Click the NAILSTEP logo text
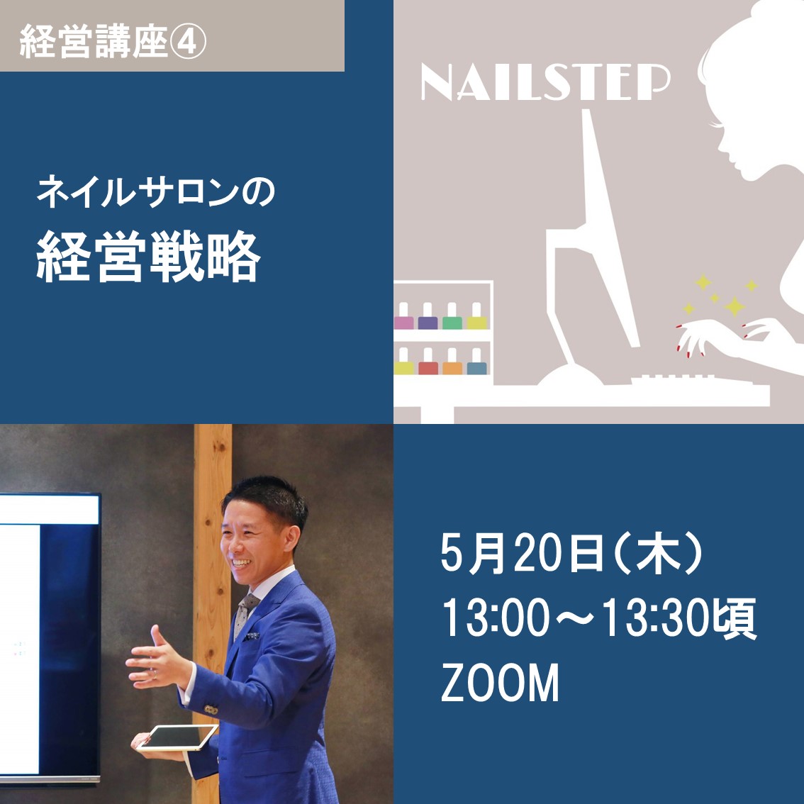coord(545,82)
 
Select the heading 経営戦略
coord(149,257)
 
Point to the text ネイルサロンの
coord(156,191)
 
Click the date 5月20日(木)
coord(571,554)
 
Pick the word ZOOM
coord(500,683)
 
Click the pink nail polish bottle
coord(403,316)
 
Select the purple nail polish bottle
coord(428,316)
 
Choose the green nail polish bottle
coord(452,316)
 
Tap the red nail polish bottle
coord(428,362)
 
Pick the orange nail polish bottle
coord(452,362)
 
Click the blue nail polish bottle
coord(476,362)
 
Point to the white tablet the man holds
coord(177,737)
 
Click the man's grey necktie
coord(245,615)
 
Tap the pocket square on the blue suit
coord(251,637)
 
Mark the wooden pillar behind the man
coord(211,590)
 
